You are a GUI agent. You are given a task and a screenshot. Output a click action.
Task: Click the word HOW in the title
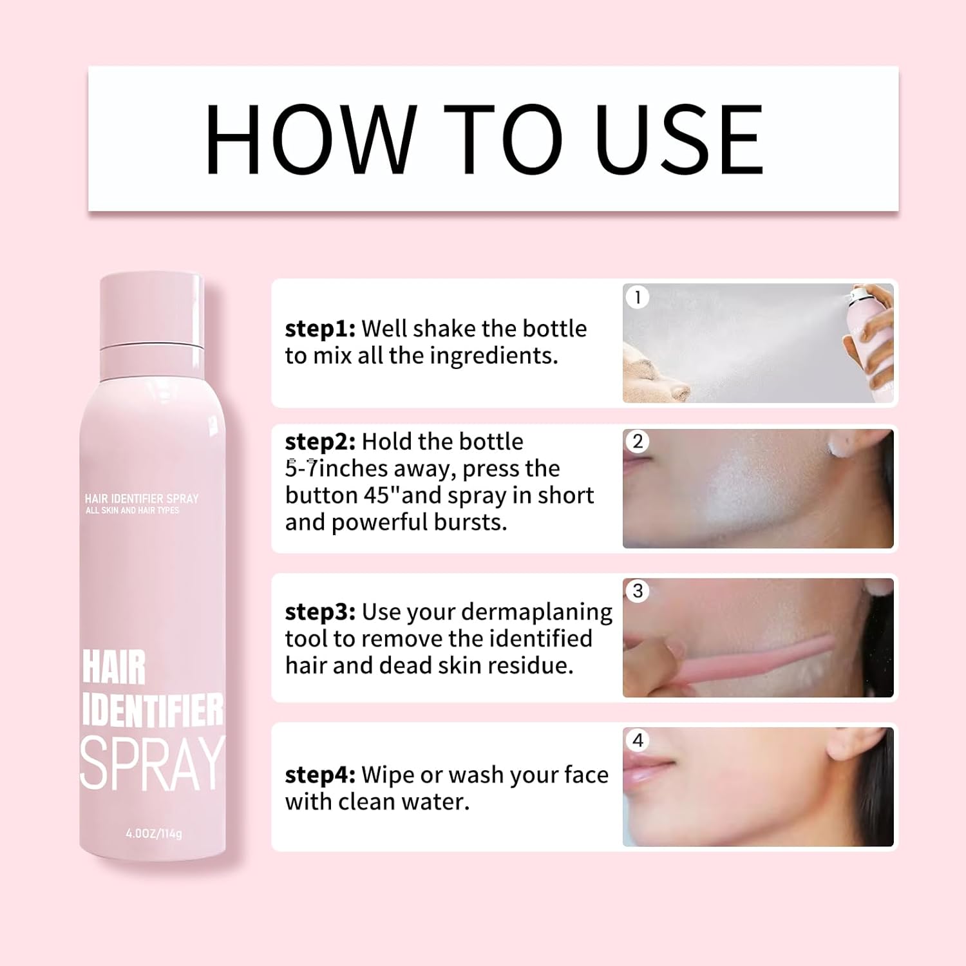point(310,139)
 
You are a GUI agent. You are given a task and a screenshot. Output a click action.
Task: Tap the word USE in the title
point(679,139)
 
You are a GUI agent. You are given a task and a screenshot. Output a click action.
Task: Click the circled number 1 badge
point(638,297)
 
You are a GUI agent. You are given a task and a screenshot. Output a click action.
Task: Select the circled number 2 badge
point(638,441)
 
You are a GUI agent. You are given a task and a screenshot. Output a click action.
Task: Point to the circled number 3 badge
point(638,591)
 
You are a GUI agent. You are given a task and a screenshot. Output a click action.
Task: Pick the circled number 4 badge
point(638,740)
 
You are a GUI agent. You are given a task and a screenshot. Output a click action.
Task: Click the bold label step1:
point(320,329)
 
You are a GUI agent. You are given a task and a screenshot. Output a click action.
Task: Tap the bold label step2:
point(320,442)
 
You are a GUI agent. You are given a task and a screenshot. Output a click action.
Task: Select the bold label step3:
point(320,612)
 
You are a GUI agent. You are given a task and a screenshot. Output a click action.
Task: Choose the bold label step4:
point(320,775)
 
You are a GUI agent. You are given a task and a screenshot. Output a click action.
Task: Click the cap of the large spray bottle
point(152,311)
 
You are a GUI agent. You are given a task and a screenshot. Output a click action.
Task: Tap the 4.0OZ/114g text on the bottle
point(154,833)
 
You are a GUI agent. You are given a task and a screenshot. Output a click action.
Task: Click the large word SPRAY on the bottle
point(153,764)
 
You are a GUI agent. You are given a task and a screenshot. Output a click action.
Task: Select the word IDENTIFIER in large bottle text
point(153,710)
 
